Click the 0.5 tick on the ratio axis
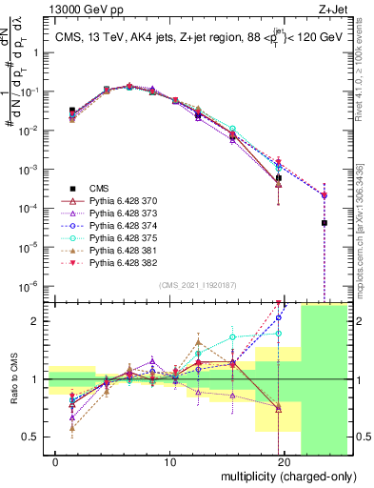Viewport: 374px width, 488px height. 32,437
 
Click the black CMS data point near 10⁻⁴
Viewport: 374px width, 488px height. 325,223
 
